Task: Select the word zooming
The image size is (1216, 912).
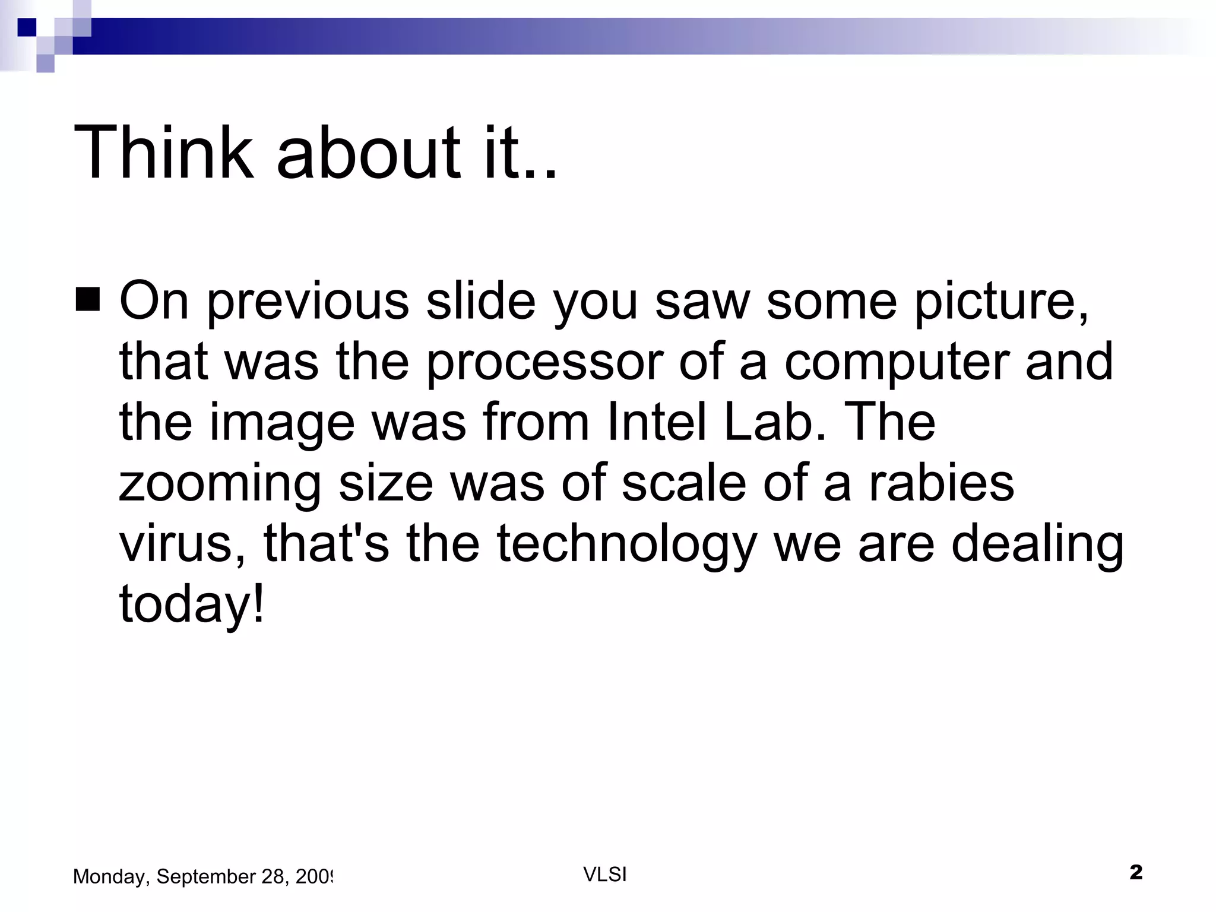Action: (x=220, y=484)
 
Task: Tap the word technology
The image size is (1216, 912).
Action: (x=627, y=545)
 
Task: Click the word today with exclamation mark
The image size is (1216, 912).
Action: (x=192, y=606)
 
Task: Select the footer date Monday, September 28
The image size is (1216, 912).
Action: (x=202, y=876)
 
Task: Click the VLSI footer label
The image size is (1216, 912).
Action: (x=605, y=875)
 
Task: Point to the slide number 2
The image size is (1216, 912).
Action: (x=1135, y=873)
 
